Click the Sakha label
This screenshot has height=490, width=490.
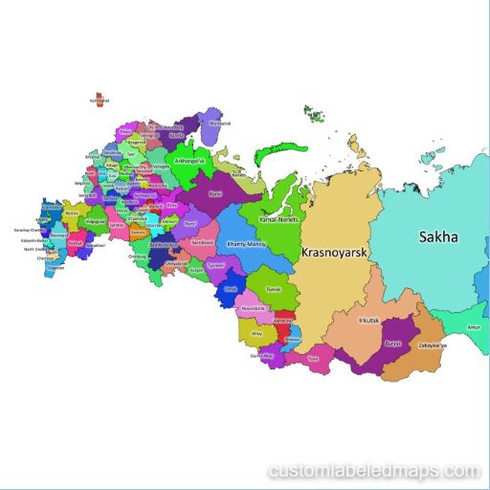[x=436, y=237]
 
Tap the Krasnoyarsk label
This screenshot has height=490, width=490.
[x=335, y=254]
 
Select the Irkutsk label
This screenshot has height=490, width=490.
[x=368, y=321]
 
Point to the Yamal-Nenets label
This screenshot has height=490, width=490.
[x=280, y=219]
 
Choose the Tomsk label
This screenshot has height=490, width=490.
[x=273, y=287]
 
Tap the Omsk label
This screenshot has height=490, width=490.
[x=230, y=288]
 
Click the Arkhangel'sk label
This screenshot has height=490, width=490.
[x=191, y=160]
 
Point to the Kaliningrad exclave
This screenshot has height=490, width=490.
[x=96, y=99]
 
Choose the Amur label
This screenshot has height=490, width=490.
[x=472, y=328]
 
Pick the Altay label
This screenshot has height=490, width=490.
[x=256, y=334]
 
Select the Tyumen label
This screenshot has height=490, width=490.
[x=214, y=263]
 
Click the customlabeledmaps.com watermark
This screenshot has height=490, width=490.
[x=374, y=471]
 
